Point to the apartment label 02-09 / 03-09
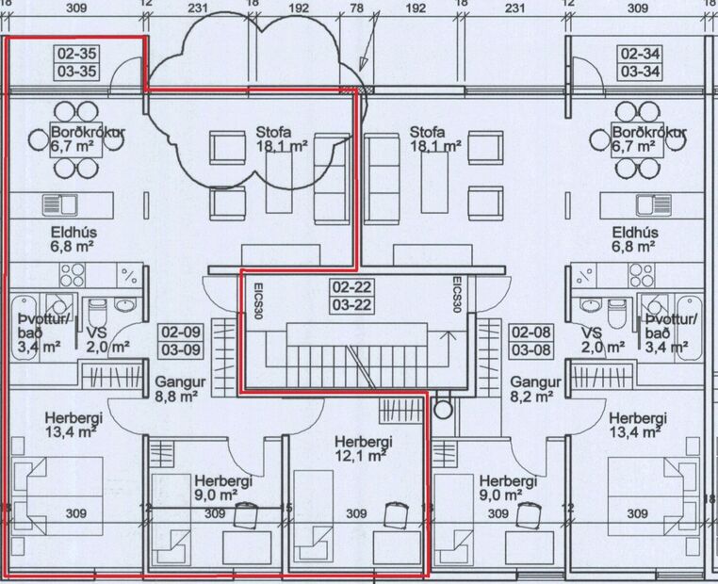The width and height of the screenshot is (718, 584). point(181,340)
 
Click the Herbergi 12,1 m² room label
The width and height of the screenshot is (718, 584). point(362,448)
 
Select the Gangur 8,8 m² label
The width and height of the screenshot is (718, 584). point(176,390)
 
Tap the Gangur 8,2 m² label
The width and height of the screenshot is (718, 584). point(535,390)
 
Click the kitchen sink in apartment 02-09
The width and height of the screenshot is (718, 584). point(64,204)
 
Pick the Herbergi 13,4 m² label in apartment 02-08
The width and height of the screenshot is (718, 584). point(638,425)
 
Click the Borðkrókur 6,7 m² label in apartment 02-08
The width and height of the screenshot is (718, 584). point(648,138)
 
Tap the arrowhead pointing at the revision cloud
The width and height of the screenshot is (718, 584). point(365,83)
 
